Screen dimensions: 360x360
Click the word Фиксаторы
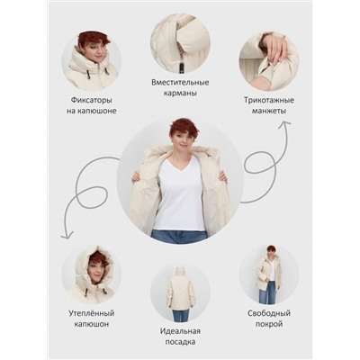(x=92, y=100)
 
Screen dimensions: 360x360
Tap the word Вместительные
(x=180, y=82)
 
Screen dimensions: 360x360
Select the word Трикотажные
(x=269, y=100)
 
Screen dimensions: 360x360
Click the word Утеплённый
(x=91, y=313)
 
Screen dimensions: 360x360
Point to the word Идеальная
(x=180, y=331)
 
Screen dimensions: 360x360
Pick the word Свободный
(x=269, y=313)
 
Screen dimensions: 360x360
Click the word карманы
(x=180, y=94)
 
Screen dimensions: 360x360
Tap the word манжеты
(x=269, y=111)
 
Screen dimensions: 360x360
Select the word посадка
(x=180, y=342)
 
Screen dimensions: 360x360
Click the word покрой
(x=269, y=325)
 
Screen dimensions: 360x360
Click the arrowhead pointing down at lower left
(x=67, y=236)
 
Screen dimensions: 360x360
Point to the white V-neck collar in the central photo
(x=180, y=165)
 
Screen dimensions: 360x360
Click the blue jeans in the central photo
(x=179, y=237)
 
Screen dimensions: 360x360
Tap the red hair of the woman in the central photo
(x=181, y=128)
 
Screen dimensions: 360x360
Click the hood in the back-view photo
(x=180, y=273)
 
